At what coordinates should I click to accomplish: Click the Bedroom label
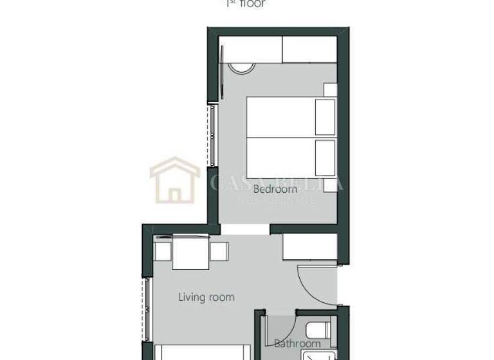point(275,189)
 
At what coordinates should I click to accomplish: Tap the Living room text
point(206,297)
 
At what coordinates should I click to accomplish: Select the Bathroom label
point(297,344)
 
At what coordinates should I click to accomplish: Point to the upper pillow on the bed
point(325,116)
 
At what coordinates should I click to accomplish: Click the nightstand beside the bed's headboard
point(330,90)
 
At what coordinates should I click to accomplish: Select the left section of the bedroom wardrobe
point(250,50)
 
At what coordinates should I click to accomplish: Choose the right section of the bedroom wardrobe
point(309,50)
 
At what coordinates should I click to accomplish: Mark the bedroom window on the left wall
point(211,134)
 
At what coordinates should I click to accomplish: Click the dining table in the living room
point(190,251)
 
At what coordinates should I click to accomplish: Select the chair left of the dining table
point(163,251)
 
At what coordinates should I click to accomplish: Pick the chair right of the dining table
point(219,251)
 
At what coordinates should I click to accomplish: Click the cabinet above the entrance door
point(310,247)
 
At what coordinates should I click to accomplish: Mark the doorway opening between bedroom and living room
point(245,230)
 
